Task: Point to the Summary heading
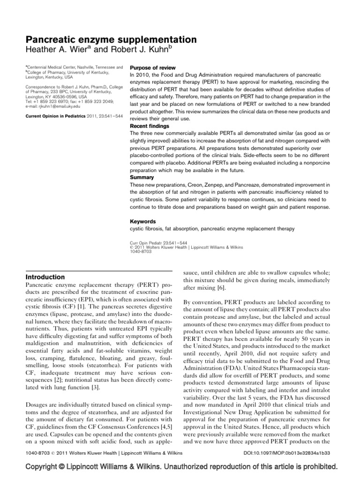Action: pyautogui.click(x=141, y=178)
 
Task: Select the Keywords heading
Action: pyautogui.click(x=142, y=221)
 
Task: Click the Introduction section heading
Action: pyautogui.click(x=45, y=277)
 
